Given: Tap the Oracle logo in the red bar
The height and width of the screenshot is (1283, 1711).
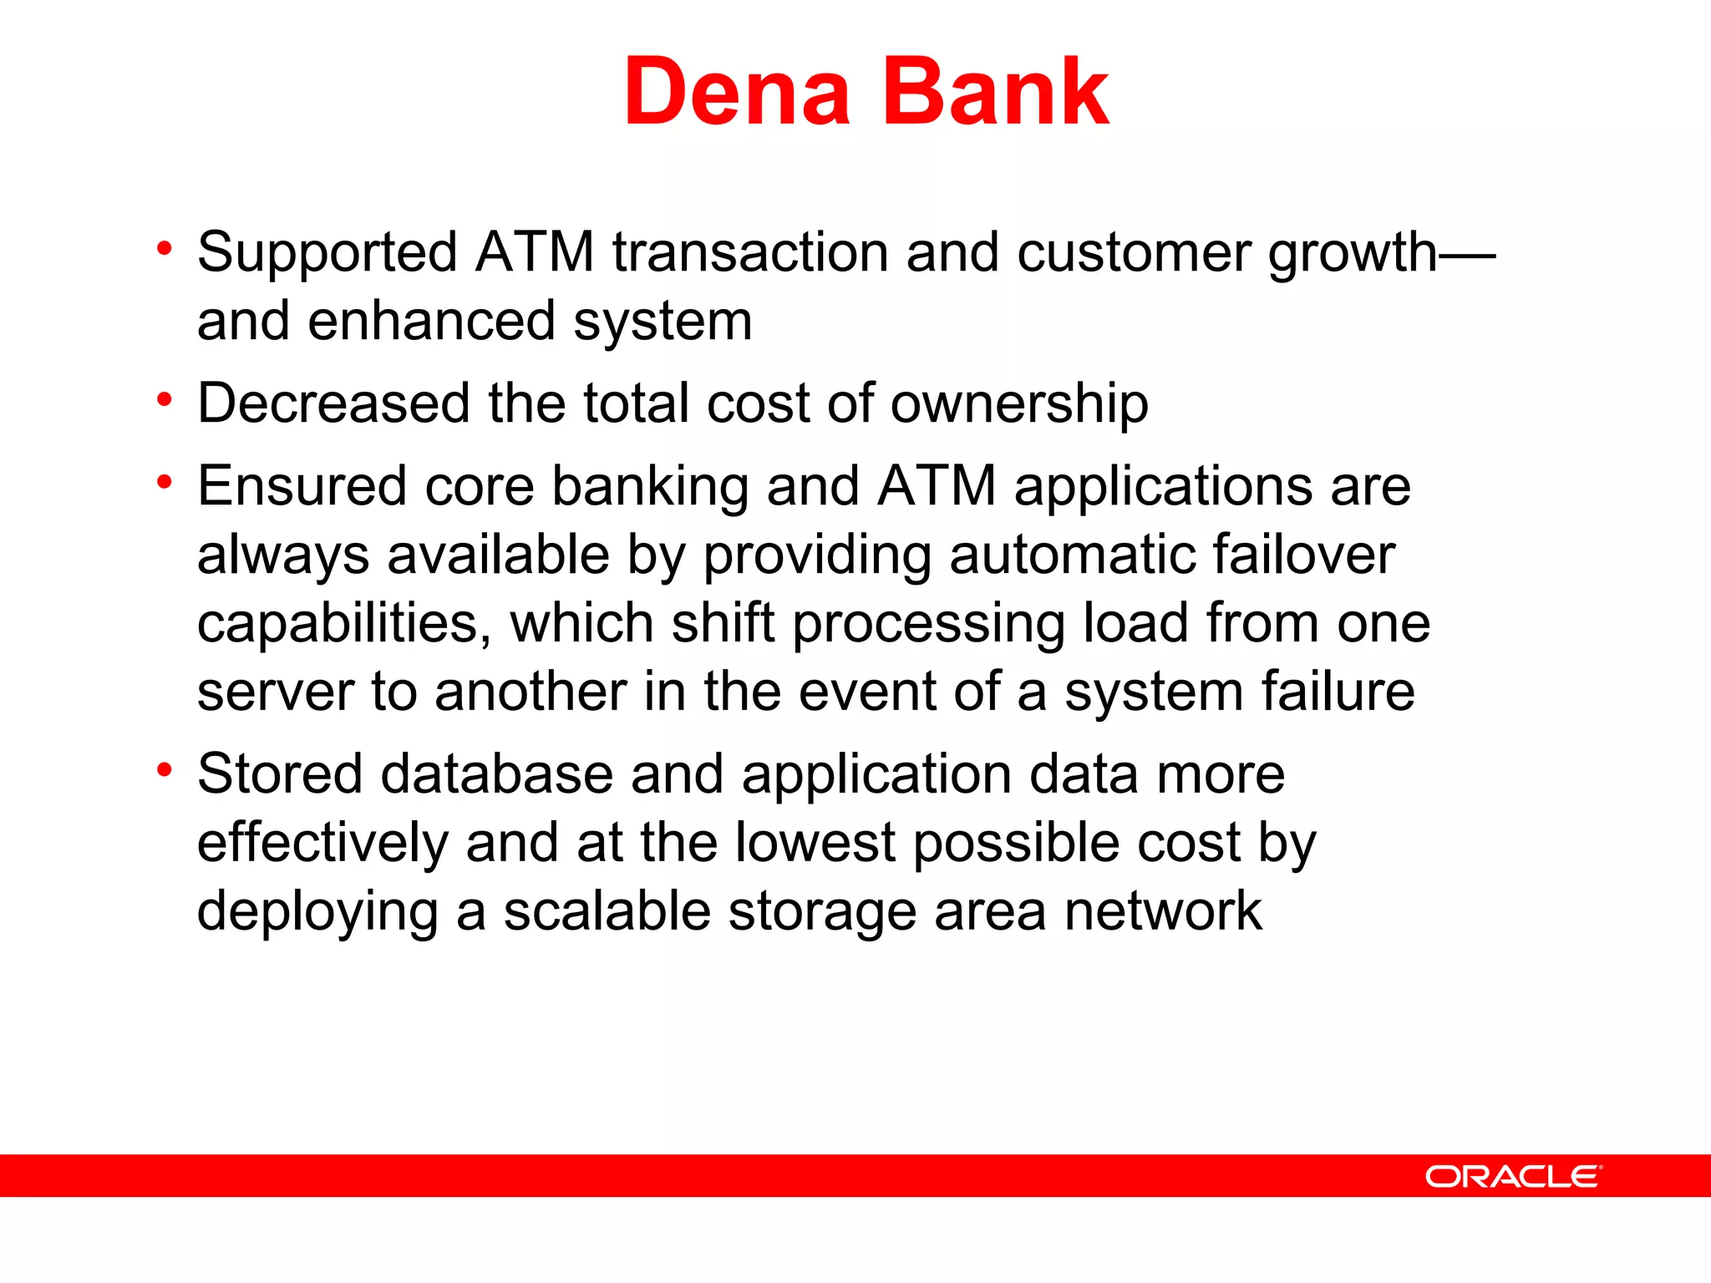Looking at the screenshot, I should coord(1513,1176).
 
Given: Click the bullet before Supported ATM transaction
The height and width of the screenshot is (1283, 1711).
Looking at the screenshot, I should coord(165,249).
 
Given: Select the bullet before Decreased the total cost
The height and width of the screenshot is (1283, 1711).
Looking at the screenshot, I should coord(165,400).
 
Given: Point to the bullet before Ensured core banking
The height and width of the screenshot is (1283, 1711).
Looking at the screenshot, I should coord(165,483).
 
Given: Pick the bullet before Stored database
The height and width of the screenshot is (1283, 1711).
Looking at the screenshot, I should coord(165,770).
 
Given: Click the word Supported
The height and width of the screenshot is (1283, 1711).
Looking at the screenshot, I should coord(327,253).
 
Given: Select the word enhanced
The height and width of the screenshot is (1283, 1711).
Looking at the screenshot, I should coord(431,322).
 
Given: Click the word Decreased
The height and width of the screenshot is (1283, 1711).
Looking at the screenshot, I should coord(333,403).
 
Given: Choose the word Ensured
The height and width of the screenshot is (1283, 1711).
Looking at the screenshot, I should coord(302,486).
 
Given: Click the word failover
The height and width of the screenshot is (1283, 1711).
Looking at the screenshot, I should coord(1303,555).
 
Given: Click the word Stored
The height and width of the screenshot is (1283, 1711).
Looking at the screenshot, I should coord(280,774).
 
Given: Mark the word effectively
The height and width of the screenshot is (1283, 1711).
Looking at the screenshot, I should coord(322,843).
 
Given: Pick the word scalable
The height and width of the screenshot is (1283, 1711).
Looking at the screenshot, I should coord(607,911).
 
